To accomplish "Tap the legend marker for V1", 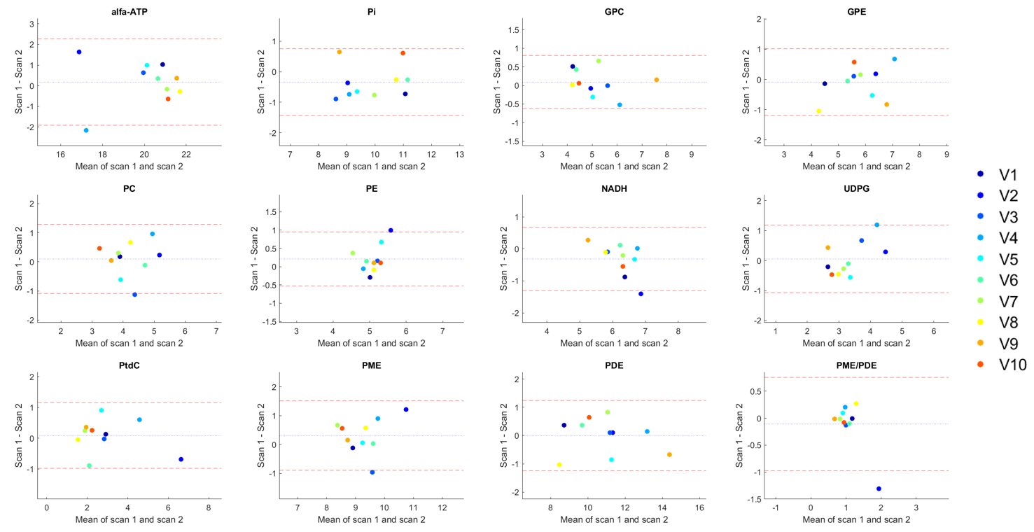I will pos(980,174).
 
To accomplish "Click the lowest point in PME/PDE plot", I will pos(879,489).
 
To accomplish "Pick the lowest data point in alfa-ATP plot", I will pos(86,130).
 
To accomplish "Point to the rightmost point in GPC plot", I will pos(657,80).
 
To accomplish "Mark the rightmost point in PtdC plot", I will pos(181,459).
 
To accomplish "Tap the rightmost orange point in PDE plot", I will pos(669,454).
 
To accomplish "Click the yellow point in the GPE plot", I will pos(818,111).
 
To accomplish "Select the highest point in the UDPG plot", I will pos(876,225).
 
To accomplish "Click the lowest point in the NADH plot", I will pos(641,294).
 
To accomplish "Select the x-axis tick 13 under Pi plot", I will pos(459,154).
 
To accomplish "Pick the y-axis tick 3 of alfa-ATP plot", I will pos(31,24).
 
